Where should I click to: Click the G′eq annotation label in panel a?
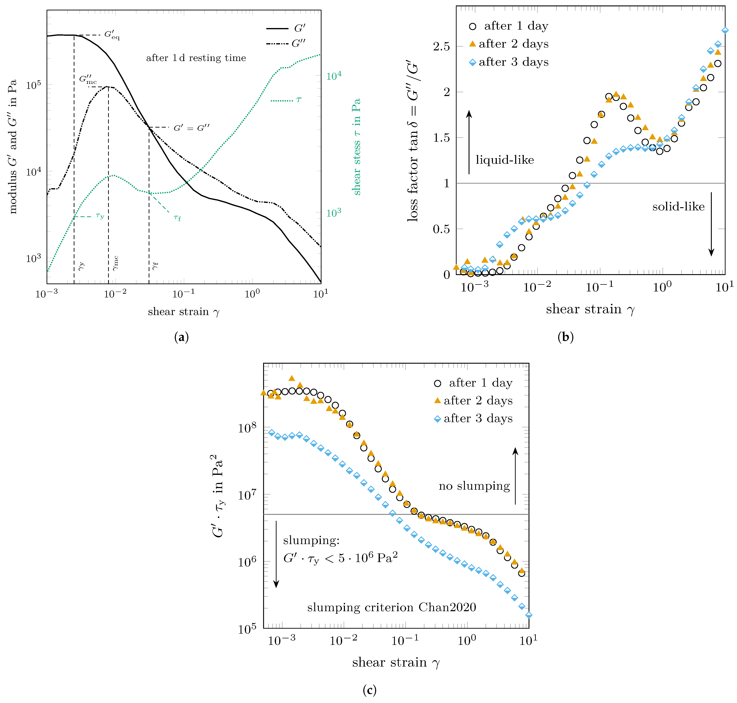[112, 35]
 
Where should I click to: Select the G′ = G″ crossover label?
[191, 128]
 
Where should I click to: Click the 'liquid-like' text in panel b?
[504, 160]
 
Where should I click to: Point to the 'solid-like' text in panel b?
[678, 206]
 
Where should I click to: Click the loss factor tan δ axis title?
[413, 142]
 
